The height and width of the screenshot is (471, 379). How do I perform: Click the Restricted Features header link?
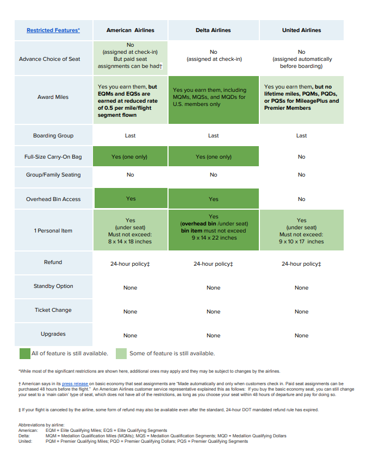tap(53, 30)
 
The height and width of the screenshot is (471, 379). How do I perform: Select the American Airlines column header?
tap(130, 30)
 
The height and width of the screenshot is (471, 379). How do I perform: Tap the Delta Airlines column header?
tap(213, 30)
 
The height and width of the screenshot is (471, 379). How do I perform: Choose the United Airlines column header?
tap(301, 30)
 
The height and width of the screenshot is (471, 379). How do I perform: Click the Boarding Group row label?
tap(53, 136)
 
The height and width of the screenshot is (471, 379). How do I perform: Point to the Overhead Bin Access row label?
tap(53, 199)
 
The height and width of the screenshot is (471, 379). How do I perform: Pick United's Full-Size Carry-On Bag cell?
tap(301, 157)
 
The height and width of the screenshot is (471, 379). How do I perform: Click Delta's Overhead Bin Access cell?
tap(213, 199)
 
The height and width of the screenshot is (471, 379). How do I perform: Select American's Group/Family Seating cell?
tap(130, 175)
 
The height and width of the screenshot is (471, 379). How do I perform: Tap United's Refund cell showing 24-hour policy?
tap(301, 264)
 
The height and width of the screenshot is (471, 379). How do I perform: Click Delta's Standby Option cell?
tap(213, 288)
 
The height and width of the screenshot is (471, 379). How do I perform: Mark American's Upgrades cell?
tap(130, 336)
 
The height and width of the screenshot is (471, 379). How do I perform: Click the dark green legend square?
tap(24, 354)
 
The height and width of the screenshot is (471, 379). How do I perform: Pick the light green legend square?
tap(121, 354)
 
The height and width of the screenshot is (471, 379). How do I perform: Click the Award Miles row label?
tap(53, 97)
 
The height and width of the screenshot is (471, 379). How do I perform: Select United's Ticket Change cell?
tap(301, 312)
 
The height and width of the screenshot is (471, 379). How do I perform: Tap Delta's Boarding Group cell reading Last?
tap(213, 136)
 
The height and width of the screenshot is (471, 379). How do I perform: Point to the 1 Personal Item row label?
tap(53, 231)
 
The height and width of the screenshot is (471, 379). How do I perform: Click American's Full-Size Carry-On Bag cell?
tap(130, 157)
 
